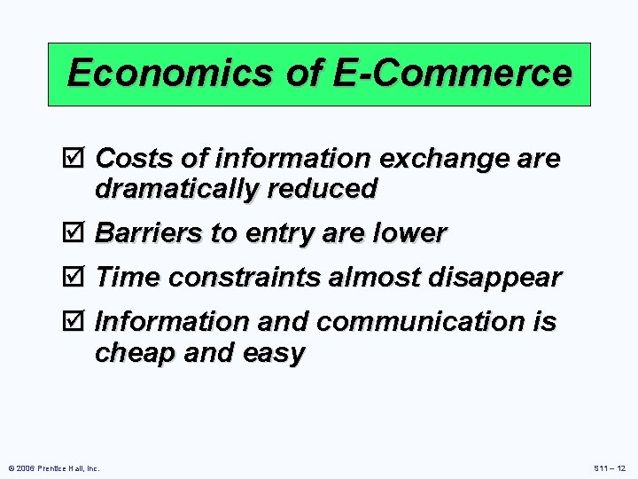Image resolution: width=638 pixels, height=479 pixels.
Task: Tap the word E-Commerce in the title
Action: [453, 73]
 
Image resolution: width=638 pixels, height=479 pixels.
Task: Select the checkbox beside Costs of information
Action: [78, 160]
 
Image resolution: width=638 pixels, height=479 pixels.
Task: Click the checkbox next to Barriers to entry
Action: [78, 234]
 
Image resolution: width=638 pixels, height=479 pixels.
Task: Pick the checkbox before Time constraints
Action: [78, 279]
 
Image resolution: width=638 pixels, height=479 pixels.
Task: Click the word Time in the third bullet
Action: [128, 278]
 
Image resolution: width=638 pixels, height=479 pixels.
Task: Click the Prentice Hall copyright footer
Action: [54, 467]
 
